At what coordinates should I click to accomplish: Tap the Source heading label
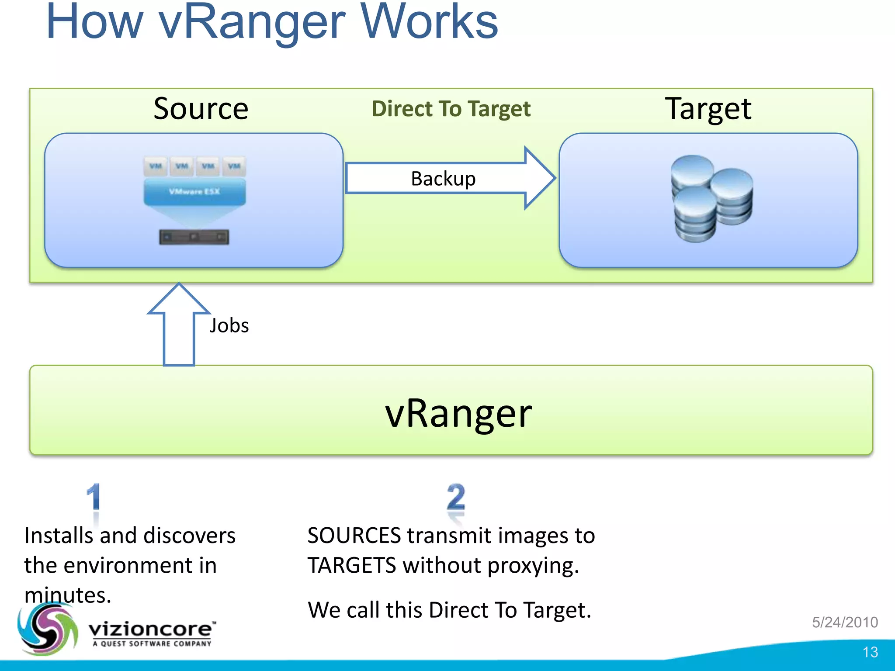click(x=201, y=108)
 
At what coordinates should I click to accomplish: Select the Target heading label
click(x=708, y=108)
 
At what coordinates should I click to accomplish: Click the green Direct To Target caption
click(x=451, y=108)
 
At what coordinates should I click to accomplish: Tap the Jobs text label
click(x=229, y=325)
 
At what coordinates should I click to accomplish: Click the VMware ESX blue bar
click(x=194, y=192)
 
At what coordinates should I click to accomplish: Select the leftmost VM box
click(x=155, y=166)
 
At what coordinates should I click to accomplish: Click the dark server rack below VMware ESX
click(x=194, y=237)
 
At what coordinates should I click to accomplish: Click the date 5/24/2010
click(x=845, y=622)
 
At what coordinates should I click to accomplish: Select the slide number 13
click(x=870, y=652)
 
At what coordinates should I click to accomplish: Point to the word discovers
click(x=189, y=536)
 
